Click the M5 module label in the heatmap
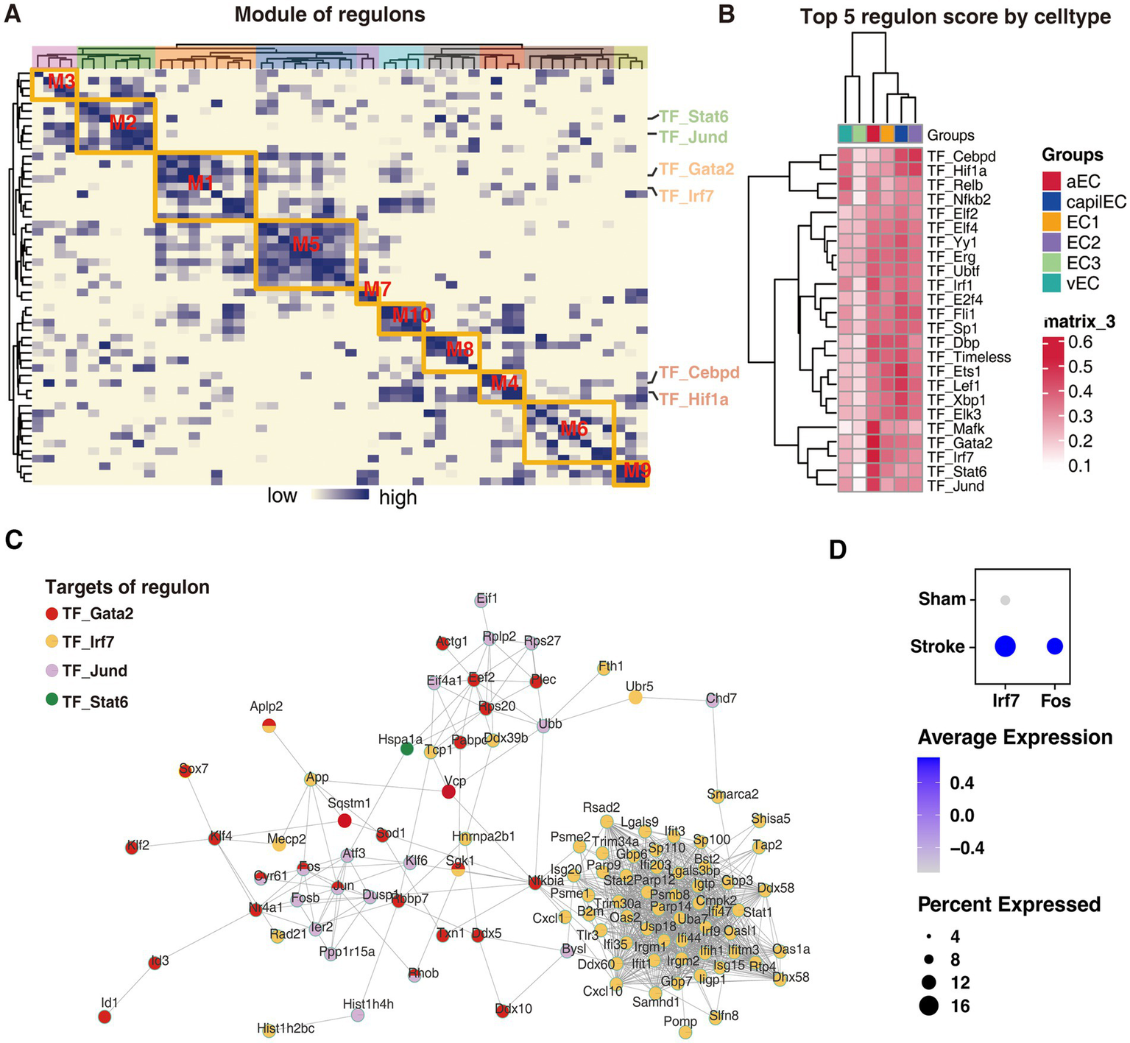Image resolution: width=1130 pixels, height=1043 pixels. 306,244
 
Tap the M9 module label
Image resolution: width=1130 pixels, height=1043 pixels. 637,470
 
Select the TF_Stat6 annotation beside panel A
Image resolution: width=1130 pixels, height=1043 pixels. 693,117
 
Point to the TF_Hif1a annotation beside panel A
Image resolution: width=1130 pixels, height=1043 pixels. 693,399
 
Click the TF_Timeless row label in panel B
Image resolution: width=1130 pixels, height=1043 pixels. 969,357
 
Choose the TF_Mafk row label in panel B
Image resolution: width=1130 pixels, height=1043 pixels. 956,428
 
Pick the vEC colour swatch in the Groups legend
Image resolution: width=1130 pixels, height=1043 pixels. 1051,283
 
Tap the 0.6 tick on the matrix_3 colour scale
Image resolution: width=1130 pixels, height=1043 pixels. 1080,342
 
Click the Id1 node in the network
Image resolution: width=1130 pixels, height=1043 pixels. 105,1017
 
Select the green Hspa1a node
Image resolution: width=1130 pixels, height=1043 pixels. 406,749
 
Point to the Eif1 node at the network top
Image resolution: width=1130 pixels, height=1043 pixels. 483,601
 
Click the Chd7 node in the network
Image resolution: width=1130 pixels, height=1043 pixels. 712,701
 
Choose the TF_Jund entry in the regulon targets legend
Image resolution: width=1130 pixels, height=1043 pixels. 94,671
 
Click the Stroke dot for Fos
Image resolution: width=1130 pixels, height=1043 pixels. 1055,646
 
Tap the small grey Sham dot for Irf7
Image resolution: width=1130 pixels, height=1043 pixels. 1005,601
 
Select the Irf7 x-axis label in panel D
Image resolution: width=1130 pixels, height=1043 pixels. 1006,701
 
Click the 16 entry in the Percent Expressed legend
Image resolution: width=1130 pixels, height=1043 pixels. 960,1006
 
